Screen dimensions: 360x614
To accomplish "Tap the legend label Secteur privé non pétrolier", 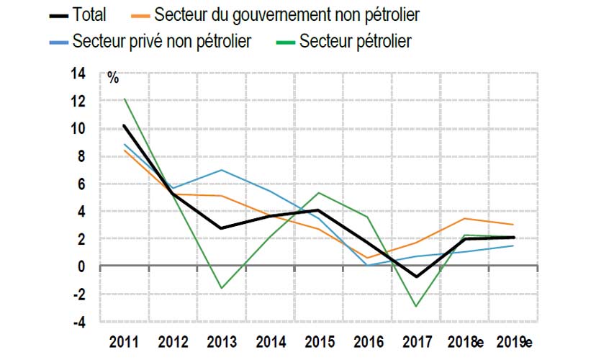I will coord(161,41).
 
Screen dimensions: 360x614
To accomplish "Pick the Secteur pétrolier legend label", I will coord(356,41).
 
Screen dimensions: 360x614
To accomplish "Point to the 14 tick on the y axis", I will coord(78,73).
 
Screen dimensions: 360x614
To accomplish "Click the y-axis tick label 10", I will coord(78,129).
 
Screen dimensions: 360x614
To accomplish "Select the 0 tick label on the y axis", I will coord(81,266).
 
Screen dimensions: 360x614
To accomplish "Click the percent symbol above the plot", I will coord(113,78).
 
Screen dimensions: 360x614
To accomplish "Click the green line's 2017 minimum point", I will coord(415,306).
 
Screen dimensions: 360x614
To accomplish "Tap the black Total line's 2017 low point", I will coord(415,276).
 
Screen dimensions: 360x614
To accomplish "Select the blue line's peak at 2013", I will coord(220,170).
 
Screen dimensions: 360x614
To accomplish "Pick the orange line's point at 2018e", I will coord(466,218).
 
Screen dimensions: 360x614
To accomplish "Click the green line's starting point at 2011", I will coord(125,99).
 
